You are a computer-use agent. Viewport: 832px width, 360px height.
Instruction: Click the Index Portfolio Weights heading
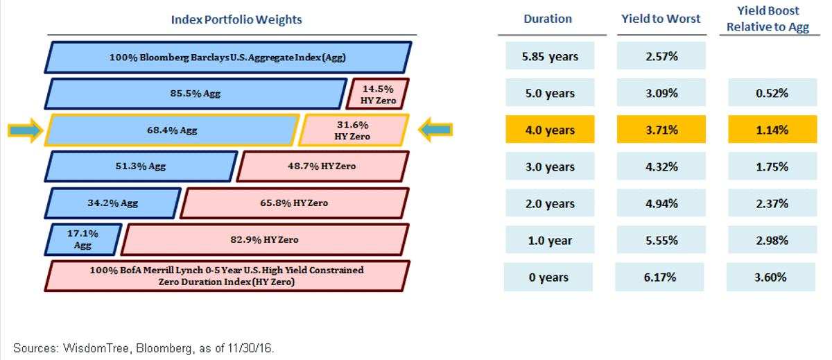pyautogui.click(x=236, y=19)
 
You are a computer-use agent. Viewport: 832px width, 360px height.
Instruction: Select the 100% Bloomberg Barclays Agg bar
pyautogui.click(x=227, y=57)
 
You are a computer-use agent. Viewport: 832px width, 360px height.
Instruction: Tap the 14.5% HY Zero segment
pyautogui.click(x=377, y=94)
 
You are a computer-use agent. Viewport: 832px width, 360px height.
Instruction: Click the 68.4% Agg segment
pyautogui.click(x=172, y=130)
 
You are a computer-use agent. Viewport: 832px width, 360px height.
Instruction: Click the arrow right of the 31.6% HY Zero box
pyautogui.click(x=435, y=130)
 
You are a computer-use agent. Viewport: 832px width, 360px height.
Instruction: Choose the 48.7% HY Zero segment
pyautogui.click(x=322, y=166)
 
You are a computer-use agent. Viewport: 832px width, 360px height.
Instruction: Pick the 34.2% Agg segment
pyautogui.click(x=112, y=203)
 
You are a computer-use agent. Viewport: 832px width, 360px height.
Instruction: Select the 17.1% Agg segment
pyautogui.click(x=83, y=239)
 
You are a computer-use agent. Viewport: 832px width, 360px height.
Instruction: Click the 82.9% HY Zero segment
pyautogui.click(x=265, y=239)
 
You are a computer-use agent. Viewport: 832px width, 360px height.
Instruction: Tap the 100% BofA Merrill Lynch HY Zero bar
pyautogui.click(x=227, y=276)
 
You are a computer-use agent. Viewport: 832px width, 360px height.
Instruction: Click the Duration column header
pyautogui.click(x=548, y=19)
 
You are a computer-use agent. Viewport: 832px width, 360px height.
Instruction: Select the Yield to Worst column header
pyautogui.click(x=661, y=19)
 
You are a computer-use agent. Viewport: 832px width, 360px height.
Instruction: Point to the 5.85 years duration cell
pyautogui.click(x=550, y=55)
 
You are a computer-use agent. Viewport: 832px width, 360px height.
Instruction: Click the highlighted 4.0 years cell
pyautogui.click(x=550, y=129)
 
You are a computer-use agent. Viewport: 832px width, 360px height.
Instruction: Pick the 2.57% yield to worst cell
pyautogui.click(x=661, y=55)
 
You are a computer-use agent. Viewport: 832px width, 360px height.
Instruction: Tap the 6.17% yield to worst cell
pyautogui.click(x=659, y=277)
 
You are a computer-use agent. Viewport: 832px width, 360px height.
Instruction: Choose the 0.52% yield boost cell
pyautogui.click(x=772, y=92)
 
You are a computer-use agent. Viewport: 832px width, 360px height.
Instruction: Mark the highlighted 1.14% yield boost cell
pyautogui.click(x=772, y=129)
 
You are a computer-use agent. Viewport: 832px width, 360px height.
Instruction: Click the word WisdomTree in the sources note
pyautogui.click(x=96, y=348)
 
